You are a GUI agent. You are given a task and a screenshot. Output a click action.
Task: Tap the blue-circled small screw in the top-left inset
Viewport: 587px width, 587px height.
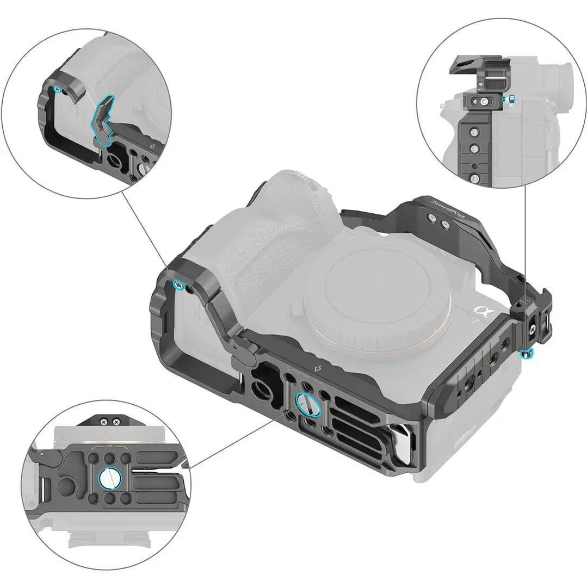tap(58, 88)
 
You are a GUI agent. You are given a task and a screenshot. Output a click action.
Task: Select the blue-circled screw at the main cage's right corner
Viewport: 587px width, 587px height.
tap(526, 354)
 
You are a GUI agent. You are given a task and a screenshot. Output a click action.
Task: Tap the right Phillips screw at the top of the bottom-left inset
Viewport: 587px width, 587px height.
tap(115, 420)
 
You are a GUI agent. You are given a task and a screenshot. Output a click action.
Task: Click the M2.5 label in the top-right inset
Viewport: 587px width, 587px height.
tap(480, 89)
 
